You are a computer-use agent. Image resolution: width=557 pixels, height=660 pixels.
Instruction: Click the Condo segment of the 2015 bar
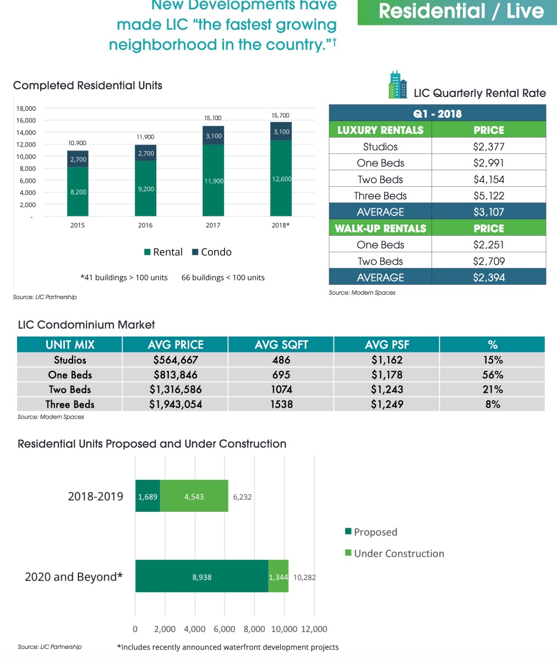point(78,159)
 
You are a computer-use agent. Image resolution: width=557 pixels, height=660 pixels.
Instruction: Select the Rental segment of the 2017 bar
point(213,180)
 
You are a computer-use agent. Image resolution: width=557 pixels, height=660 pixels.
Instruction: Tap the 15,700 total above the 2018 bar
point(280,116)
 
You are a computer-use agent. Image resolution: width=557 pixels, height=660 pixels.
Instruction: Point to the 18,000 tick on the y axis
point(26,109)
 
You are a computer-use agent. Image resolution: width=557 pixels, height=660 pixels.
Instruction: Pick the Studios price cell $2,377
point(489,147)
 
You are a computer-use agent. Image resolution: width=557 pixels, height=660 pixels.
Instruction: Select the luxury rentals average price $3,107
point(489,212)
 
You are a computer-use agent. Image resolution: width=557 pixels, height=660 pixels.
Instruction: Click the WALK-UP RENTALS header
point(380,228)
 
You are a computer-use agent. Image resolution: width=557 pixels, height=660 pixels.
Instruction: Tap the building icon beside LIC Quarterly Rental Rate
point(397,85)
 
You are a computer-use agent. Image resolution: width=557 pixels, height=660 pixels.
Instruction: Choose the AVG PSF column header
point(386,345)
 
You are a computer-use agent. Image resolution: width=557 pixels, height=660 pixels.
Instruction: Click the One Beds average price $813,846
point(176,375)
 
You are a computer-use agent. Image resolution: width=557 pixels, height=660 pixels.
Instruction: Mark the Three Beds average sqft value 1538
point(281,404)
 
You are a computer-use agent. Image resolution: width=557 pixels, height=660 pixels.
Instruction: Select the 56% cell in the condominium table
point(492,375)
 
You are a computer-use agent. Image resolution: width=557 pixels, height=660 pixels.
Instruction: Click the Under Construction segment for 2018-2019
point(194,496)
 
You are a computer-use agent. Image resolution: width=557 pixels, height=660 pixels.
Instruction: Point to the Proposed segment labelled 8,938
point(201,577)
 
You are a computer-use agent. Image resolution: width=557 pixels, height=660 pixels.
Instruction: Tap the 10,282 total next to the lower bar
point(305,577)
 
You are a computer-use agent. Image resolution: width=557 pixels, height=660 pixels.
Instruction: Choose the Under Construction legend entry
point(394,554)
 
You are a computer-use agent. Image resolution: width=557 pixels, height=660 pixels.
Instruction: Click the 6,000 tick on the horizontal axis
point(224,629)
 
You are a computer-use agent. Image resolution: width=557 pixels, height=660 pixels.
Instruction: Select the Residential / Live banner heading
point(461,12)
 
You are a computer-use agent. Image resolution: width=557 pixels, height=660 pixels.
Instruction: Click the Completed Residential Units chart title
point(88,85)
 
